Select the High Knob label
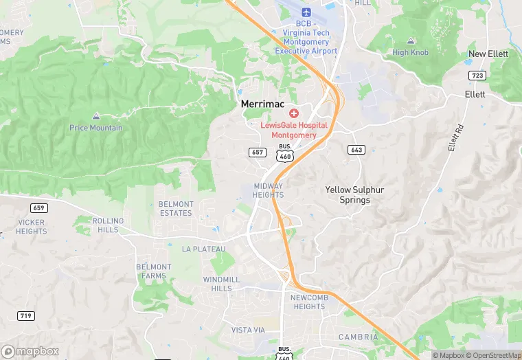(411, 52)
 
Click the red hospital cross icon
(294, 113)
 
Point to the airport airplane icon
(306, 12)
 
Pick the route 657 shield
(257, 152)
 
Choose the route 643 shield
(356, 150)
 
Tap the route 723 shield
(478, 75)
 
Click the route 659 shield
(39, 207)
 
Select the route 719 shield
(26, 315)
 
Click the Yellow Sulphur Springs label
(347, 194)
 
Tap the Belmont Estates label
(176, 208)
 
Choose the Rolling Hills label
(108, 225)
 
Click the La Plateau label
(203, 249)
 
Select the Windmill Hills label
(222, 284)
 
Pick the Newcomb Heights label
(308, 302)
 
